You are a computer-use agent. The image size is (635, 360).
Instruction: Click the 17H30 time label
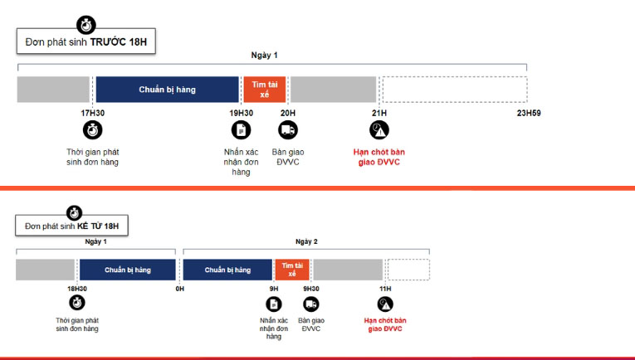(x=92, y=114)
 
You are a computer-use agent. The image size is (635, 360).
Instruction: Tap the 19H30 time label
(x=241, y=114)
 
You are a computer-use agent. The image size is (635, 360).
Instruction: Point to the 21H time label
(x=379, y=114)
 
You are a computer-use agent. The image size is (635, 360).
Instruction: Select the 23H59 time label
(x=529, y=114)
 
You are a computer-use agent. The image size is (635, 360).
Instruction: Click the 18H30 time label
(x=77, y=289)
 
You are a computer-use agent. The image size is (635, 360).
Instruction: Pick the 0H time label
(x=180, y=289)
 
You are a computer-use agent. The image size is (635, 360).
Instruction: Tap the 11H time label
(x=385, y=289)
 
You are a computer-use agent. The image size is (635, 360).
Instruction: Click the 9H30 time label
(x=311, y=289)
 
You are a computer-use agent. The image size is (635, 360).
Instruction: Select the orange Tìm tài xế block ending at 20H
(x=265, y=90)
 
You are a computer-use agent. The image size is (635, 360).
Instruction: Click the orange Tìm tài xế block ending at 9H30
(x=292, y=270)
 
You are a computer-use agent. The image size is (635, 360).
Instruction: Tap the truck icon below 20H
(x=288, y=130)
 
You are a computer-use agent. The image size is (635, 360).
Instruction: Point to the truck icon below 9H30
(x=311, y=304)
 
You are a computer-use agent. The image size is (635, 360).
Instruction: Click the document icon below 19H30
(x=241, y=130)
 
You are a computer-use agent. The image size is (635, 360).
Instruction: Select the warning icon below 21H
(x=379, y=130)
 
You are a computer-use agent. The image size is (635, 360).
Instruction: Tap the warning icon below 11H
(x=385, y=304)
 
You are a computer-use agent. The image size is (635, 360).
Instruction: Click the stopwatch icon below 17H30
(x=92, y=130)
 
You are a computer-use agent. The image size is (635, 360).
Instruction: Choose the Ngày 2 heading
(x=306, y=241)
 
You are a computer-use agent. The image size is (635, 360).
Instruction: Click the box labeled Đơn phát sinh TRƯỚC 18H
(x=85, y=41)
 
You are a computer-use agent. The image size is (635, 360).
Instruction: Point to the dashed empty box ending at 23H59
(x=455, y=90)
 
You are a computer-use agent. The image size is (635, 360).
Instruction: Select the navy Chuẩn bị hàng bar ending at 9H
(x=227, y=270)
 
